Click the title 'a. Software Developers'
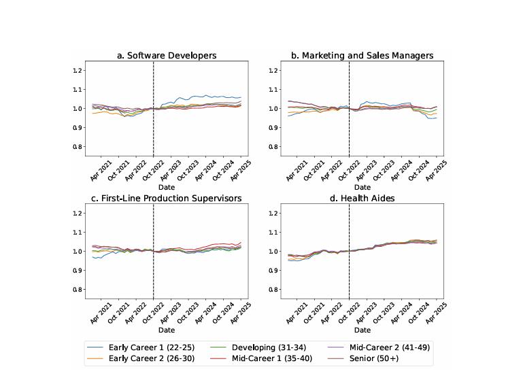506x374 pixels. click(167, 55)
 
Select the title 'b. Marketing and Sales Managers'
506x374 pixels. click(362, 55)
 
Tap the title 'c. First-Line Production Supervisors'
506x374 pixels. click(167, 198)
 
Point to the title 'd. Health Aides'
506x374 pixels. click(362, 198)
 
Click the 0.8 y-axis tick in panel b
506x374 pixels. click(273, 146)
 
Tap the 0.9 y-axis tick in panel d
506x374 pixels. click(273, 270)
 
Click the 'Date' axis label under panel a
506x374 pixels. click(167, 187)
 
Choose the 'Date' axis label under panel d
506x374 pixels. click(362, 330)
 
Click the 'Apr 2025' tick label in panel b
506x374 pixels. click(437, 170)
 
